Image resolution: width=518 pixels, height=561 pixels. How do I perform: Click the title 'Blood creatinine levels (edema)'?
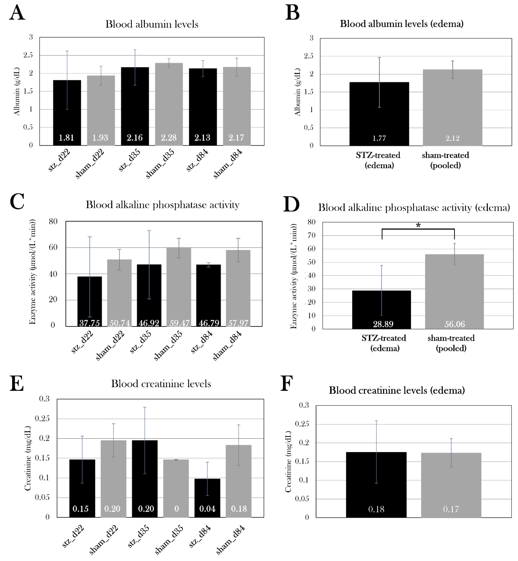pyautogui.click(x=397, y=390)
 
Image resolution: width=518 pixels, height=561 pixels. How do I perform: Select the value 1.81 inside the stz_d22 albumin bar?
pyautogui.click(x=66, y=138)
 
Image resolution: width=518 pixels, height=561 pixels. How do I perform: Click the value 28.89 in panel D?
pyautogui.click(x=383, y=324)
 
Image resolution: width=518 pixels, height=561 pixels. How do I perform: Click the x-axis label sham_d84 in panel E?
pyautogui.click(x=230, y=540)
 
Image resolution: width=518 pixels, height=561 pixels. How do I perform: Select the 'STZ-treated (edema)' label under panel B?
pyautogui.click(x=378, y=160)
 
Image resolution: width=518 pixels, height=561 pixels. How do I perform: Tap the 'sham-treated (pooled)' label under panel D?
pyautogui.click(x=451, y=343)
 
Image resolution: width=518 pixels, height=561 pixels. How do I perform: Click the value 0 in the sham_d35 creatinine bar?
pyautogui.click(x=176, y=509)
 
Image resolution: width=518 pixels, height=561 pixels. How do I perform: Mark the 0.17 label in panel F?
pyautogui.click(x=451, y=509)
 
